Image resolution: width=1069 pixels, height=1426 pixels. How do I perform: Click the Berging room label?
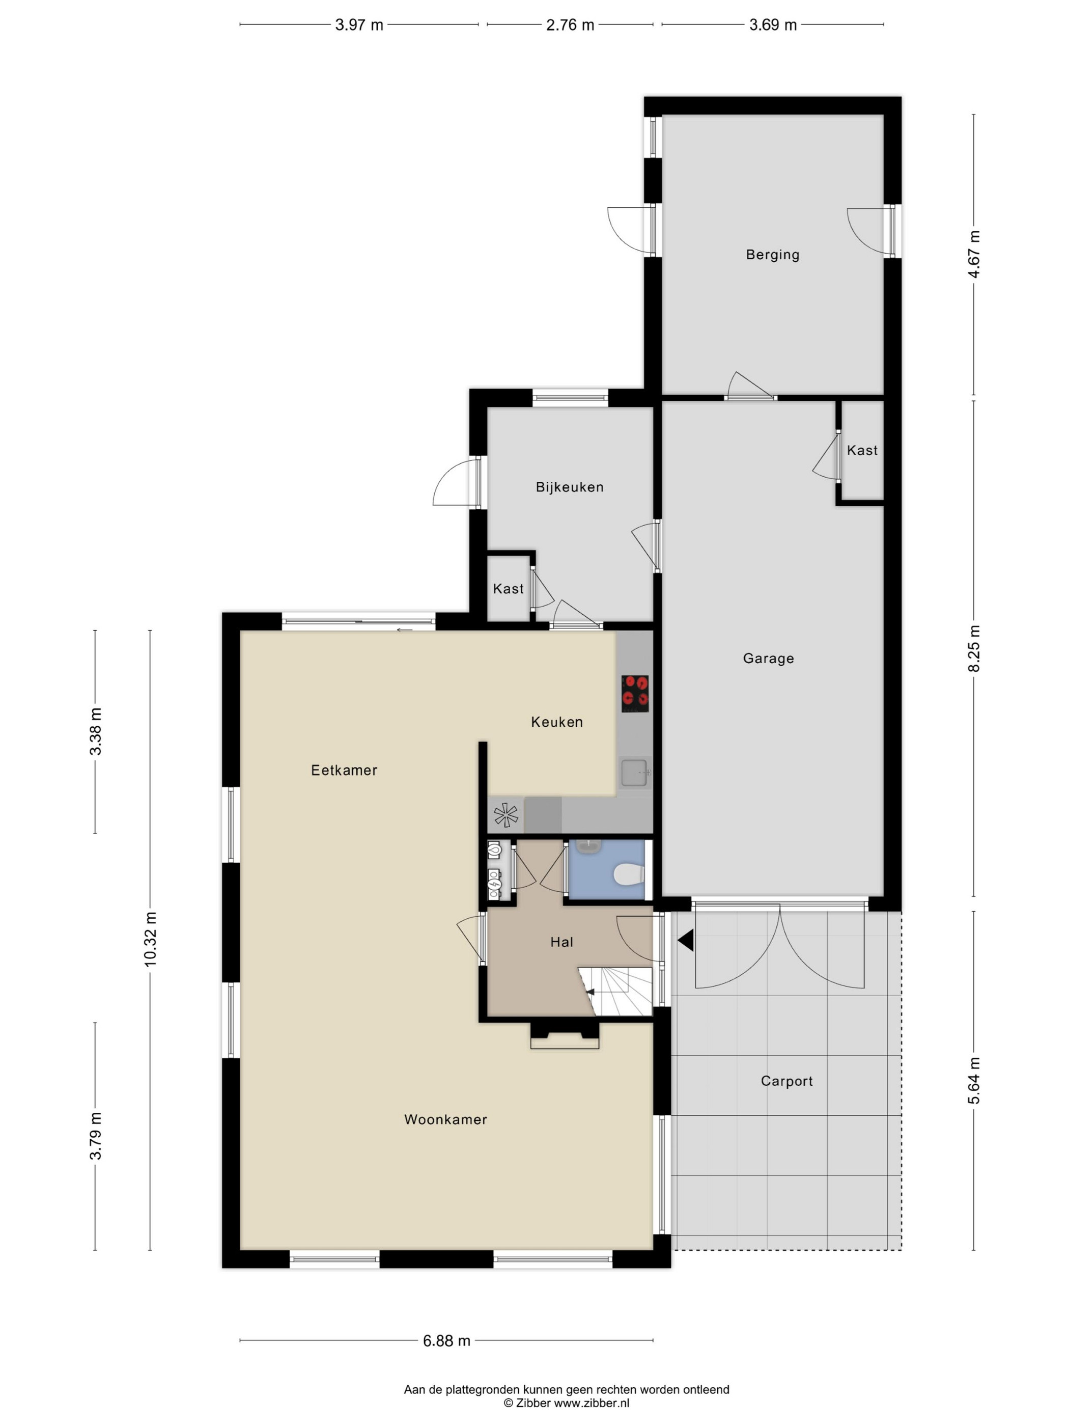click(x=773, y=255)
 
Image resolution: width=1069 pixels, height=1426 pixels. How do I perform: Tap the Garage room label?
click(x=768, y=658)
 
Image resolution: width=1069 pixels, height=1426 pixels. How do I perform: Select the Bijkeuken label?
click(x=570, y=487)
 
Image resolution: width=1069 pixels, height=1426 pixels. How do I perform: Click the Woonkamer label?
click(x=445, y=1119)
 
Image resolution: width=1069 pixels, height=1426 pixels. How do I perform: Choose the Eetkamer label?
click(x=344, y=770)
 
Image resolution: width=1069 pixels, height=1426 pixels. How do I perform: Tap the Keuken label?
click(x=557, y=722)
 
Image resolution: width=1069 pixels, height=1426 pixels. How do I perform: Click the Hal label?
click(x=561, y=942)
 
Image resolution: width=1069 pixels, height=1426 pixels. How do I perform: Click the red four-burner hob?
click(x=635, y=693)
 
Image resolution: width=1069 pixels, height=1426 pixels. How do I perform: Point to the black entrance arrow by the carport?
click(x=686, y=940)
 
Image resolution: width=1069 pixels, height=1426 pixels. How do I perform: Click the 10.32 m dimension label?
click(x=150, y=939)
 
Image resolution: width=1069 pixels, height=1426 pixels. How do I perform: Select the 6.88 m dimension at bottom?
click(x=446, y=1341)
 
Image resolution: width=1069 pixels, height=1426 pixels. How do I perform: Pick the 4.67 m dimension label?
click(x=974, y=255)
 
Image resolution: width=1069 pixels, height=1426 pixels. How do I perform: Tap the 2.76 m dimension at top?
click(x=570, y=25)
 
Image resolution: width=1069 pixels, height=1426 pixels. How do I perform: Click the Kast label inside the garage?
click(x=862, y=450)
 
